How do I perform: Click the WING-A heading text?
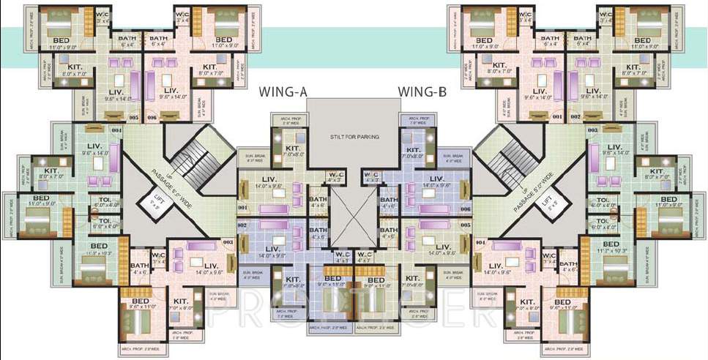(x=282, y=92)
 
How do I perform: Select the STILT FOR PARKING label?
(x=354, y=136)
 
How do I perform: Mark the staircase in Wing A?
(x=193, y=162)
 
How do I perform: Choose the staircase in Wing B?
(x=513, y=162)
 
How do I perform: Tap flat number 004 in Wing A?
(x=116, y=130)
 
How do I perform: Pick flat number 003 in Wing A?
(x=228, y=241)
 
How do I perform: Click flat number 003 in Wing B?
(x=592, y=130)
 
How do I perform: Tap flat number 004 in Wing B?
(x=480, y=241)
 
